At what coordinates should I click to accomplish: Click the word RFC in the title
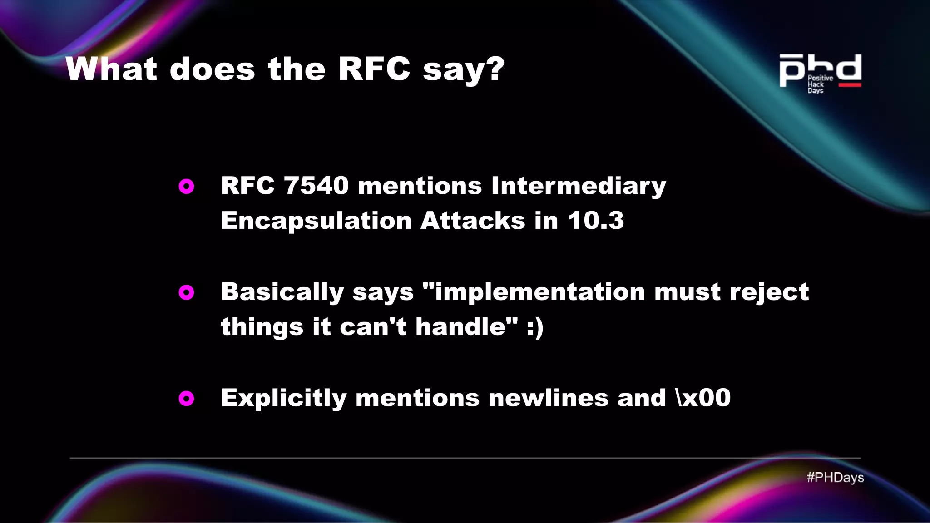(x=374, y=69)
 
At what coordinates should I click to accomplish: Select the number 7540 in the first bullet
(x=316, y=186)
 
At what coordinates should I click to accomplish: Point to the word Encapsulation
(x=316, y=221)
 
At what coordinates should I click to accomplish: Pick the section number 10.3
(x=595, y=221)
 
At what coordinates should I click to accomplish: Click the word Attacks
(x=472, y=221)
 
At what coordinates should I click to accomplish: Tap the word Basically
(x=282, y=292)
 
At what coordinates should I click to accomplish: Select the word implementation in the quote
(x=539, y=292)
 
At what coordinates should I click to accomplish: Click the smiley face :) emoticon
(x=535, y=327)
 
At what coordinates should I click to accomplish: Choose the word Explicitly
(x=283, y=399)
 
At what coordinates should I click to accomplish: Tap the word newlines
(x=548, y=398)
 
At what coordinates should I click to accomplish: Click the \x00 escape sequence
(x=703, y=398)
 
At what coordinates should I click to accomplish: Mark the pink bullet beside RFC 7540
(x=186, y=186)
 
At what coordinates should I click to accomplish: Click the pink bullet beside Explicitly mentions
(x=186, y=399)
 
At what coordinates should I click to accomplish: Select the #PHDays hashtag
(x=835, y=478)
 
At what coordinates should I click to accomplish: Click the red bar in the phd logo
(x=850, y=85)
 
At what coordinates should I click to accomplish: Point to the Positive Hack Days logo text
(x=820, y=84)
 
